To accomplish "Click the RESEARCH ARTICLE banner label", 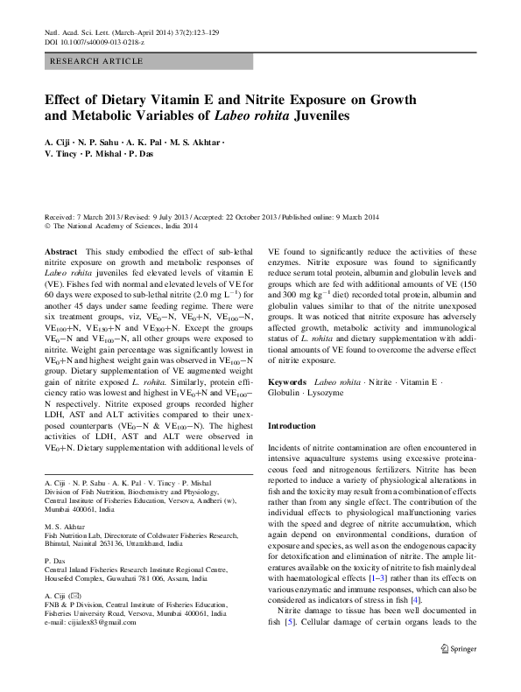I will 97,61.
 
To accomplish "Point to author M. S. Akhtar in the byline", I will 198,140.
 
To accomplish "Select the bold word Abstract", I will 60,250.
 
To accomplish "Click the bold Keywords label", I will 287,382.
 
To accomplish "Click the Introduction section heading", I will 292,426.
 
